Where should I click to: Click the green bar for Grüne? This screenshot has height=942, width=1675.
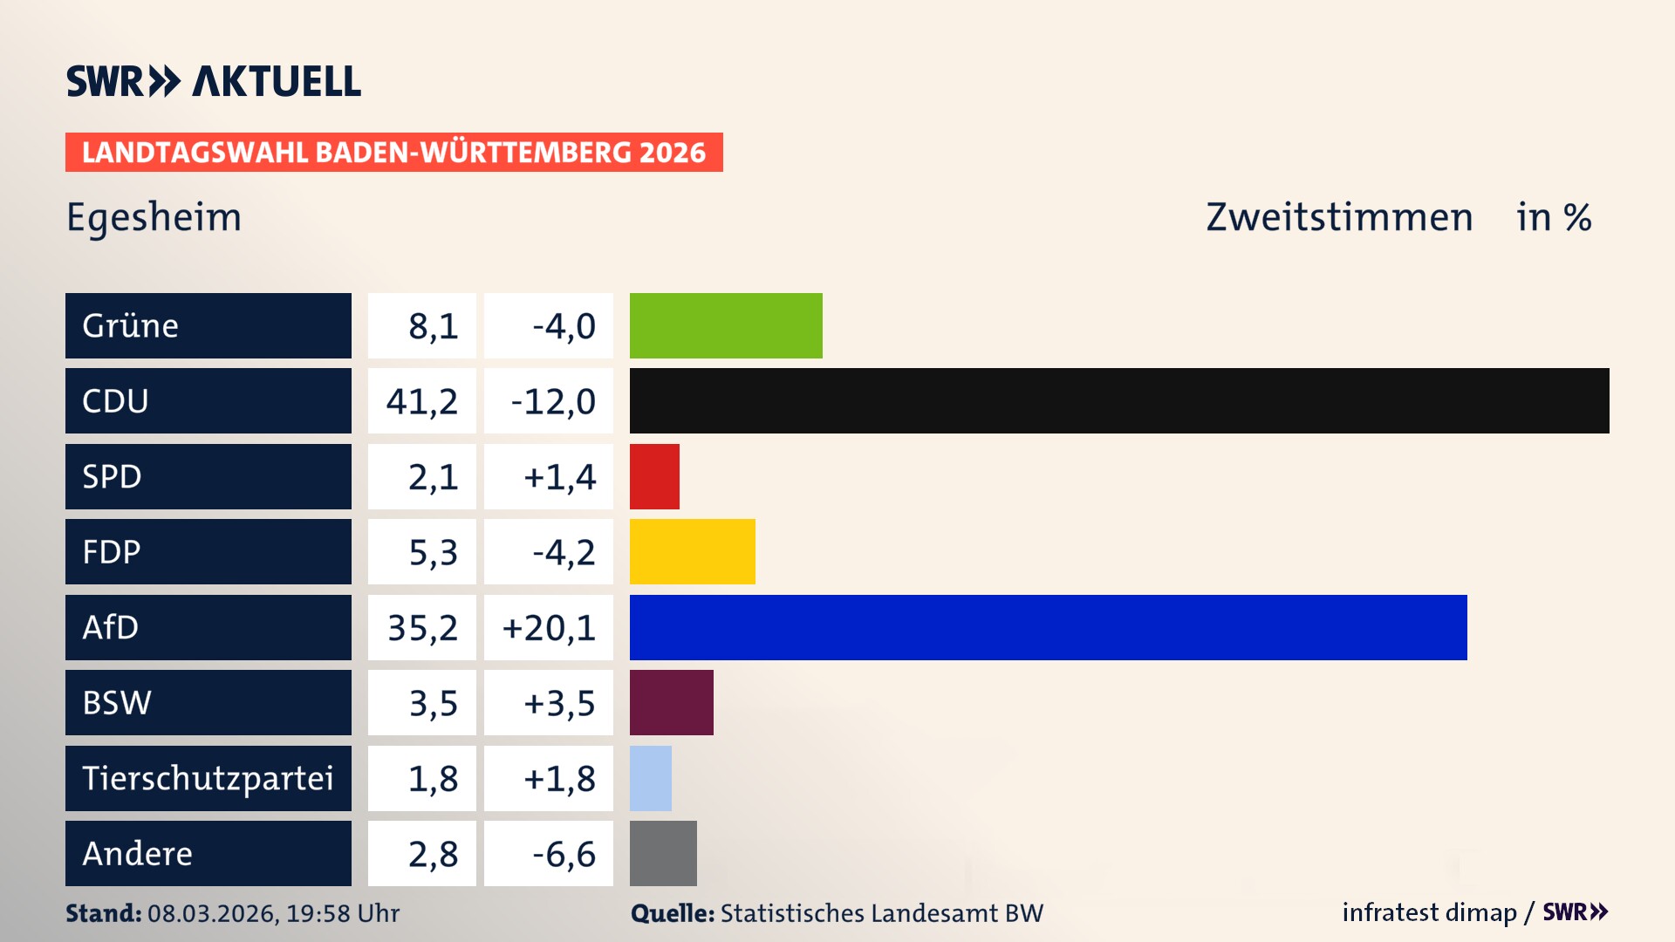pos(726,325)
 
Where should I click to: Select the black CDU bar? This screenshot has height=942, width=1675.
pos(1119,400)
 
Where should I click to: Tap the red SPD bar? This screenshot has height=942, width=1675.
pos(654,476)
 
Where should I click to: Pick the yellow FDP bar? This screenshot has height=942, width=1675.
pos(693,551)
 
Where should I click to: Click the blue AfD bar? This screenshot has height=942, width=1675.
pos(1048,627)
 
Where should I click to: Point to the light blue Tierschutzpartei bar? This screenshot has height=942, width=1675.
pos(651,778)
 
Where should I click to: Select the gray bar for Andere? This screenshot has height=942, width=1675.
pos(663,853)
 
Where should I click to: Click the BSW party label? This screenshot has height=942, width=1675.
pos(117,702)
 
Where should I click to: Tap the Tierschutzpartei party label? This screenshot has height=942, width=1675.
pos(208,778)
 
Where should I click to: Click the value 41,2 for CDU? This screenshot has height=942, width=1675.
pos(422,401)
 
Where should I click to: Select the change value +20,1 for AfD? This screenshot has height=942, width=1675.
pos(549,627)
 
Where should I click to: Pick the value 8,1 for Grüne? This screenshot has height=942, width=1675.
pos(433,326)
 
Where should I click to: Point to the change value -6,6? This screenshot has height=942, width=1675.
pos(564,854)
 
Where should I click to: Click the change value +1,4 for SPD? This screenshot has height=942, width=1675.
pos(559,477)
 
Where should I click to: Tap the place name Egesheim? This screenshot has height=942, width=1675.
pos(154,217)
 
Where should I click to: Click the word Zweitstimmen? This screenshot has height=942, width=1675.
pos(1339,217)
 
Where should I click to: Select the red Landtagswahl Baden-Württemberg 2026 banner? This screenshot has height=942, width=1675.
pos(393,152)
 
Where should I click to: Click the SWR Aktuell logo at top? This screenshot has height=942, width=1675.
pos(214,81)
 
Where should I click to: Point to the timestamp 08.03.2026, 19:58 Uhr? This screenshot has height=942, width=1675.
pos(273,913)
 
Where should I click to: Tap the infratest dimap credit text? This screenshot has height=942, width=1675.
pos(1429,912)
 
